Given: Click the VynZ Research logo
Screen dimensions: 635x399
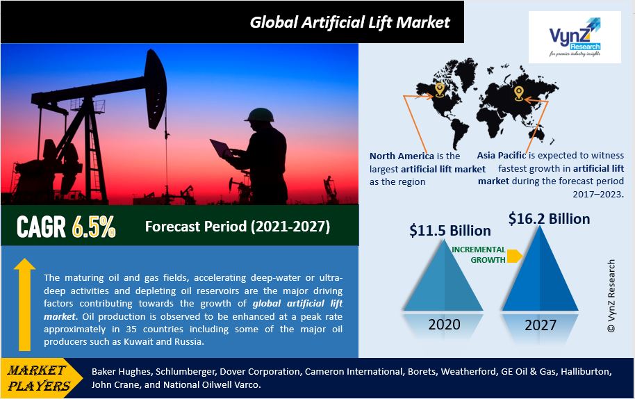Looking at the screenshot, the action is coord(575,37).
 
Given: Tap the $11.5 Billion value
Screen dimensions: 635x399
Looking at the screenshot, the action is coord(450,231).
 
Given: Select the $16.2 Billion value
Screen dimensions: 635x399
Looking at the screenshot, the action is coord(549,219).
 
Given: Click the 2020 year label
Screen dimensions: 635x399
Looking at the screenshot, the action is coord(444,325).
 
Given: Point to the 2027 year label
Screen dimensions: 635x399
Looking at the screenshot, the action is coord(541,325).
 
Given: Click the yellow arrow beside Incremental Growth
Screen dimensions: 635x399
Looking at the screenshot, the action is coord(514,256).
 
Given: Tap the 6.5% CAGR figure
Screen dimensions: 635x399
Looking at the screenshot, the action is coord(94,226).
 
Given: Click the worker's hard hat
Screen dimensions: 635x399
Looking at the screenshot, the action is coord(259,114).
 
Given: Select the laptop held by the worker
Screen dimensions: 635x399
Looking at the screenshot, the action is coord(221,149).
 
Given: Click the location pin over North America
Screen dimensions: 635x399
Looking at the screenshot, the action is coord(439,90).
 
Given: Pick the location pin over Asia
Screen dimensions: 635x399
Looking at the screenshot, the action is coord(519,93).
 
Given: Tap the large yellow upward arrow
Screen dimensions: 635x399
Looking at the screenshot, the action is coord(24,304).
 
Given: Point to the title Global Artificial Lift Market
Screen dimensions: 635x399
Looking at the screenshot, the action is coord(350,22).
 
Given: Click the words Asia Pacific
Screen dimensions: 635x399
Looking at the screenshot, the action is coord(502,155).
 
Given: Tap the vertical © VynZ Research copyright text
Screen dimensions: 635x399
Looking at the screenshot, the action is coord(611,296).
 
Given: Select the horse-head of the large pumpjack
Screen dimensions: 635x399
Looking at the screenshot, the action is coord(156,88).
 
